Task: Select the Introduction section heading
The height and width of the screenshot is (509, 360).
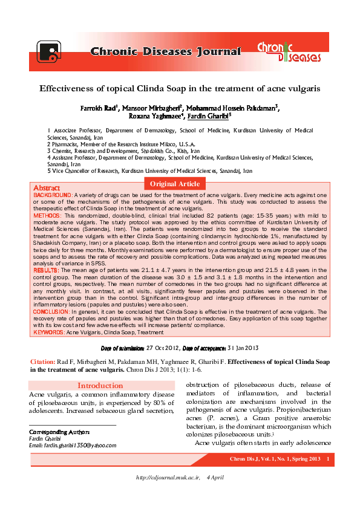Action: click(100, 386)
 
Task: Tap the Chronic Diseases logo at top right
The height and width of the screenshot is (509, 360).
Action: click(289, 51)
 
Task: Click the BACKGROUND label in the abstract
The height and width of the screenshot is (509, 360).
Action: click(53, 196)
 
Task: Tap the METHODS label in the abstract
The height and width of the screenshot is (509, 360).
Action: click(47, 215)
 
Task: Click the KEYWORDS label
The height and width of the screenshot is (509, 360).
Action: click(48, 332)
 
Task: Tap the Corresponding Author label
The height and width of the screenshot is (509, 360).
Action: click(60, 432)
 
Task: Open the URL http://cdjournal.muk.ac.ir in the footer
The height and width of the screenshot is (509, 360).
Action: click(168, 478)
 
